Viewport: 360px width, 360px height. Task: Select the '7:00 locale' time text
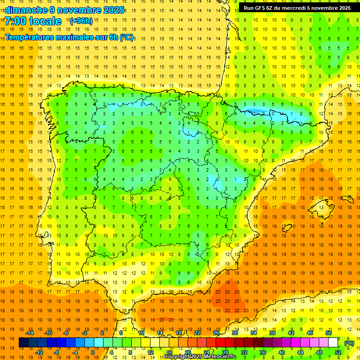tap(33, 21)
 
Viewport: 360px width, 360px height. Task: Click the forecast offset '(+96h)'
tap(81, 21)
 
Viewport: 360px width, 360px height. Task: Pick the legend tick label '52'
tap(338, 352)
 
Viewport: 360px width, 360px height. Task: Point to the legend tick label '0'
tap(93, 352)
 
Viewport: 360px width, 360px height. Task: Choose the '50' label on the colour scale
tap(329, 333)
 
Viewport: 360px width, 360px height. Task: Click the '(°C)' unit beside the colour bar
tap(349, 343)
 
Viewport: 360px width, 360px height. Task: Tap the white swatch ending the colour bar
tap(333, 343)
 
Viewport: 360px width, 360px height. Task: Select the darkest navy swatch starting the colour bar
tap(23, 343)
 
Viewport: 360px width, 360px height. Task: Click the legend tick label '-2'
tap(85, 333)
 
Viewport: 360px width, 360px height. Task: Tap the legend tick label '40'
tap(282, 352)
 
